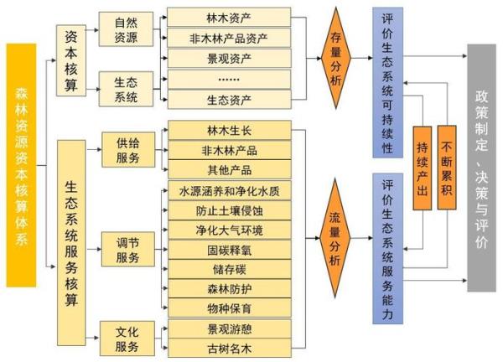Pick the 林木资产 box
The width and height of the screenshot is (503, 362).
tap(229, 18)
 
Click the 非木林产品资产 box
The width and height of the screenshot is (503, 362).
tap(229, 38)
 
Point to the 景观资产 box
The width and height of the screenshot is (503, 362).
tap(229, 59)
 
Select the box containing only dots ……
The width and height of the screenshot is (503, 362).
tap(229, 79)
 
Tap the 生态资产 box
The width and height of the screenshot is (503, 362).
tap(229, 100)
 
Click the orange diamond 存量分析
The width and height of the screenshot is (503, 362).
tap(336, 58)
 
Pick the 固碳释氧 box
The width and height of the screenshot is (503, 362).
tap(229, 249)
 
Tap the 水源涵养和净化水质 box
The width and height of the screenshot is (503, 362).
tap(229, 190)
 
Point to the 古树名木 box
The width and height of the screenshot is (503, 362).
tap(229, 347)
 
